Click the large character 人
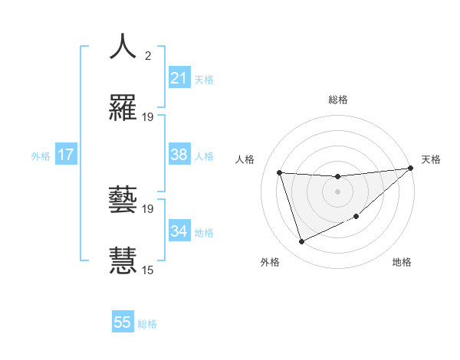(123, 47)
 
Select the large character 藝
(123, 200)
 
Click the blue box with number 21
(179, 77)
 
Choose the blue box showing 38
(179, 155)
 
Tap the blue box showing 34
(179, 231)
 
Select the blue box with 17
(66, 155)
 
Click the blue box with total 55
(123, 322)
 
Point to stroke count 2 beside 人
(148, 56)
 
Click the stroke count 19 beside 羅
(148, 117)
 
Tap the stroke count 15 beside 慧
(148, 270)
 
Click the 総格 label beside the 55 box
(147, 324)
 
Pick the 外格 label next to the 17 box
(41, 156)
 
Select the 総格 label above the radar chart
(338, 100)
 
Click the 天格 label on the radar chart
(431, 159)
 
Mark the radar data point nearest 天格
(410, 169)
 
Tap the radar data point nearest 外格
(301, 242)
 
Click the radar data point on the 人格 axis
(280, 172)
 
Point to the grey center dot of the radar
(337, 191)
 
